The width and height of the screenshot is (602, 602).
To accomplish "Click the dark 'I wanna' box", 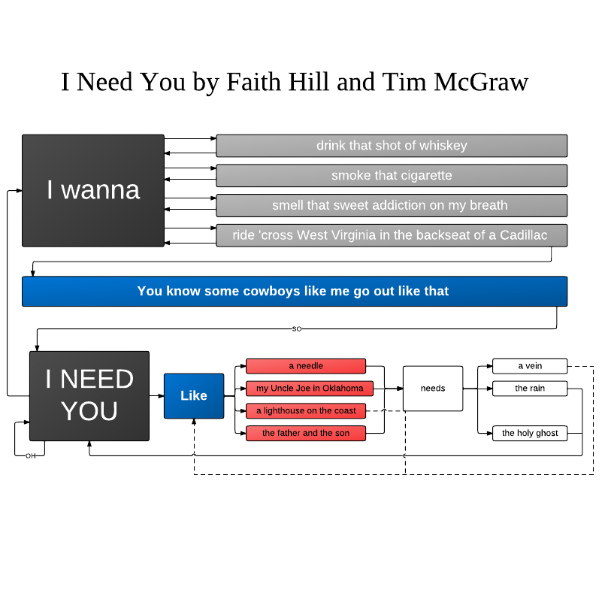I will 93,190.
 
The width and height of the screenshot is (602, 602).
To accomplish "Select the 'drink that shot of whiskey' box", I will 392,146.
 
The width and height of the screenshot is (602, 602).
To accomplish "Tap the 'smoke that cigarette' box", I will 392,176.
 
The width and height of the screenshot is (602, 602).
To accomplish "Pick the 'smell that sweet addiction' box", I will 392,205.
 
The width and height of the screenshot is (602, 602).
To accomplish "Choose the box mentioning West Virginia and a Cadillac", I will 392,235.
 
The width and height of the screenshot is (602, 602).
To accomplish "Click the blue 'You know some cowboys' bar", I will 294,291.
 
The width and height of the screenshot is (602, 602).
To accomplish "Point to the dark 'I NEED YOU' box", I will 89,395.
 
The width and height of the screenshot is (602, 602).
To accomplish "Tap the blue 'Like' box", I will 194,395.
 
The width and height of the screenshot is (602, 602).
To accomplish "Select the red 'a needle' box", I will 306,366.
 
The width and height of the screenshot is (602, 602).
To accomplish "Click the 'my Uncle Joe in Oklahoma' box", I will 306,389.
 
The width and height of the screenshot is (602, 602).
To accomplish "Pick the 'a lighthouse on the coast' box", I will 306,411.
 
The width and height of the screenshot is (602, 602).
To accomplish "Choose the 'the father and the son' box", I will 306,433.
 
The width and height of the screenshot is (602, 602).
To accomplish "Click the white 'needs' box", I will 433,389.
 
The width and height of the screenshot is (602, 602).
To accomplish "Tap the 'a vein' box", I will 530,366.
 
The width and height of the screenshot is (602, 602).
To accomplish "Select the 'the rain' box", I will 530,389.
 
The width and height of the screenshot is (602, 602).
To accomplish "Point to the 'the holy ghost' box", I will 530,433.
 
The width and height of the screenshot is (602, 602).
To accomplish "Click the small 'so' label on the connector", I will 297,329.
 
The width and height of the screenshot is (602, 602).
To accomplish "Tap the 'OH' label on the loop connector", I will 31,455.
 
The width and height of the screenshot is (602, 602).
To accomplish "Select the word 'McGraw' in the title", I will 481,82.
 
